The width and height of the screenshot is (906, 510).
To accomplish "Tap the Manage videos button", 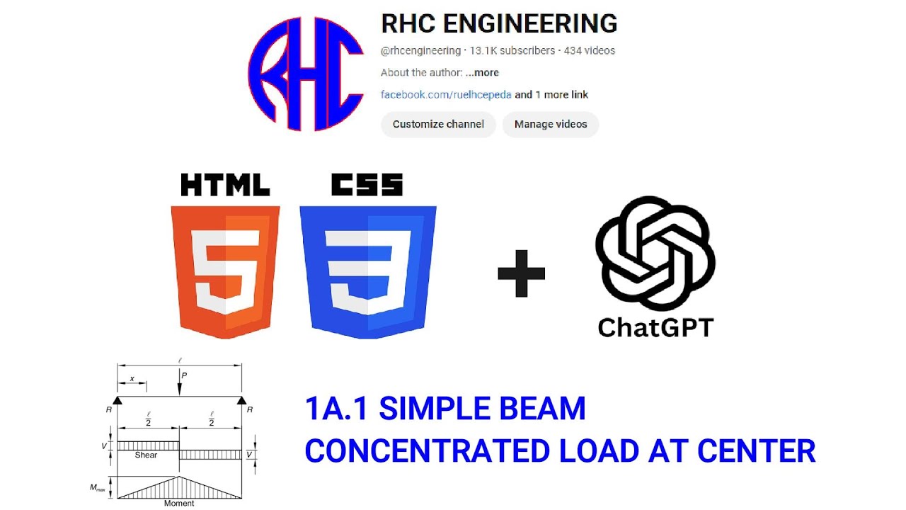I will pos(550,124).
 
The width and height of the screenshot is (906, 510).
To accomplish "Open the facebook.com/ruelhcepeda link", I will pos(446,94).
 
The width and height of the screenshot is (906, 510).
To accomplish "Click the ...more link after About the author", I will pos(482,72).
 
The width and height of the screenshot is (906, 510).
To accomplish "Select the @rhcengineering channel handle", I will pos(420,50).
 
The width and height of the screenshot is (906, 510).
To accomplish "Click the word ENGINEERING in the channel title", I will pos(529,23).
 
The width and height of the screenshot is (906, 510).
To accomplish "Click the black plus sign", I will pos(521,273).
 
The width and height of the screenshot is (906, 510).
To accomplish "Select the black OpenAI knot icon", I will pos(655,254).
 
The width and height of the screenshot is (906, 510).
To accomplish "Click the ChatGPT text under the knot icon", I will pos(655,327).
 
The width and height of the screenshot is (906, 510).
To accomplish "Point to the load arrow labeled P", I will pos(180,382).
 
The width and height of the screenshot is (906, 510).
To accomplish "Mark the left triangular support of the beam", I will pos(117,400).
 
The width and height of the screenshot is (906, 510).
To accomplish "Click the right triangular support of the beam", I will pos(241,400).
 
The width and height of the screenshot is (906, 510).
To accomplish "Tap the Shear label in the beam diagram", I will pos(146,455).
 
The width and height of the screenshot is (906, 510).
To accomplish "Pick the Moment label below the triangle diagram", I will pos(179,504).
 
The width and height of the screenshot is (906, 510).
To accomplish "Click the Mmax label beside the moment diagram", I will pos(98,487).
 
